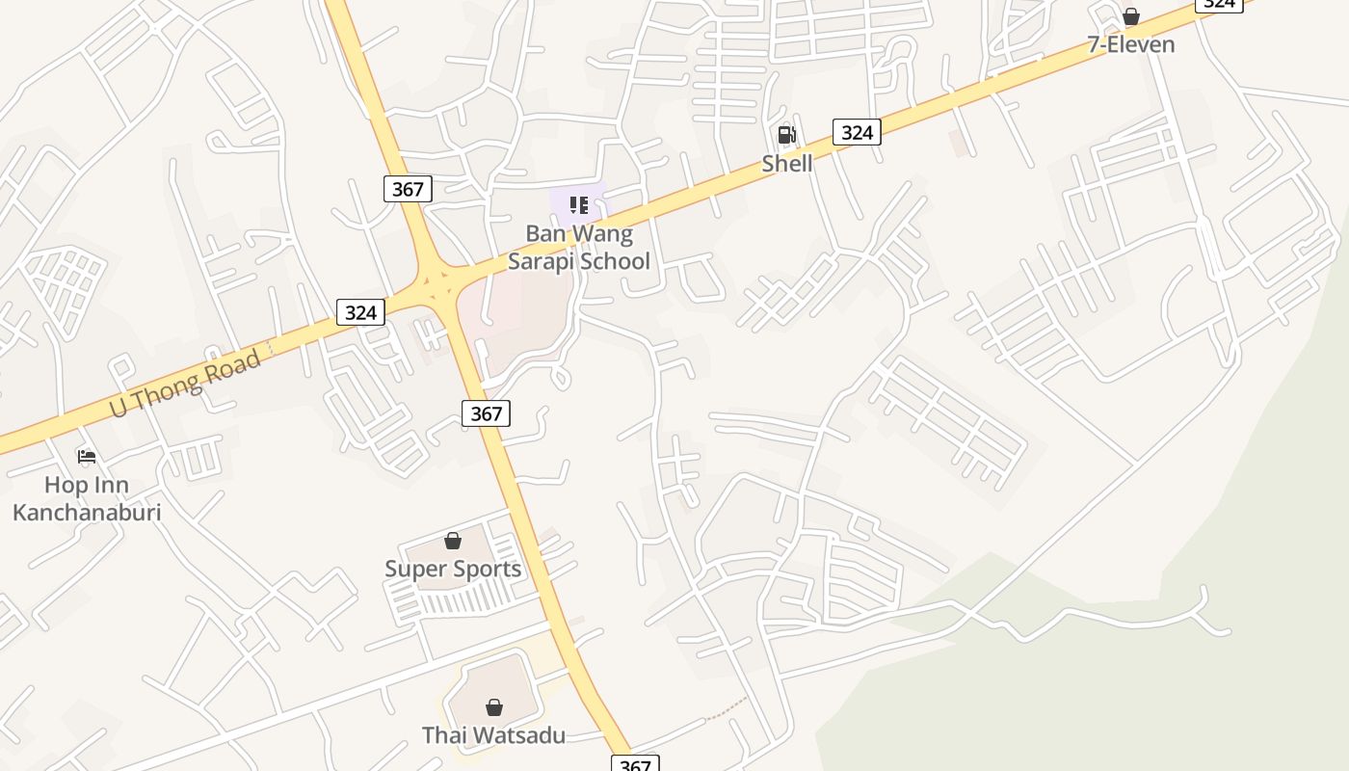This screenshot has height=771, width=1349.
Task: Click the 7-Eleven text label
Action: [1131, 44]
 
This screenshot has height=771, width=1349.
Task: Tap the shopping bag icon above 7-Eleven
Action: [1131, 16]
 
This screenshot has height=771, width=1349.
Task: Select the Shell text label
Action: [787, 164]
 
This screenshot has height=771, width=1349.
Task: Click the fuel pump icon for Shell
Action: [787, 135]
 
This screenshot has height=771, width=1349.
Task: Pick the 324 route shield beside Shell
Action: [857, 132]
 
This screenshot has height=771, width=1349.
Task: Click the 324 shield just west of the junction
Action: [360, 312]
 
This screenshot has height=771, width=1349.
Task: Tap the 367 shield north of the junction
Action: [408, 189]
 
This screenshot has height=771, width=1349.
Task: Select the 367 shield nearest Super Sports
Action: [487, 413]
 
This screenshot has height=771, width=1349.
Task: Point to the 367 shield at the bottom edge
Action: [635, 764]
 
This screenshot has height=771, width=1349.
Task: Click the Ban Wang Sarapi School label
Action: [579, 248]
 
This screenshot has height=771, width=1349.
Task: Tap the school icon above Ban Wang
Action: [579, 204]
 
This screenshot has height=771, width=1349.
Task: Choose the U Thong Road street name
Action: [185, 385]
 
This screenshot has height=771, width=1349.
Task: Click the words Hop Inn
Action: [87, 485]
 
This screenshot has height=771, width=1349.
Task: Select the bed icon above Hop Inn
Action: [87, 456]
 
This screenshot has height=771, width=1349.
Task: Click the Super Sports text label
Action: [453, 569]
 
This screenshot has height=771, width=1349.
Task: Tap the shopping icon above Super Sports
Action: [453, 541]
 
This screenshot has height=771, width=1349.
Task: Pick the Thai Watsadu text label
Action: [493, 735]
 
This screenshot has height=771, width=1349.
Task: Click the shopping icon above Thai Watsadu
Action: [493, 707]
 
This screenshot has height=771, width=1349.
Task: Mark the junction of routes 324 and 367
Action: [439, 283]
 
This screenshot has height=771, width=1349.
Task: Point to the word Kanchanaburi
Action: [87, 512]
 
